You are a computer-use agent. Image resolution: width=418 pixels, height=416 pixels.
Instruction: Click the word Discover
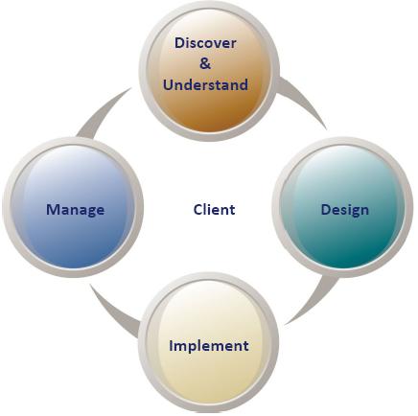(x=205, y=43)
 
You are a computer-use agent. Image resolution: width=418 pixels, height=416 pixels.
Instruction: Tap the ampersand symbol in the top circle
(x=205, y=63)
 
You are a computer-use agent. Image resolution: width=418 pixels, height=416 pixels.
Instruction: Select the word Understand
(x=205, y=85)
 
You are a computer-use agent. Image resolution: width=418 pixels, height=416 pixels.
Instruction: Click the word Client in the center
(x=214, y=210)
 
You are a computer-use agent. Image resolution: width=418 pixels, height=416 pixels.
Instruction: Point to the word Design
(x=345, y=210)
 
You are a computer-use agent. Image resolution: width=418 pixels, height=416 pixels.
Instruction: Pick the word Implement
(x=209, y=346)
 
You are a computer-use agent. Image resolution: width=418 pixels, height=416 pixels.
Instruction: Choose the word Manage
(x=76, y=210)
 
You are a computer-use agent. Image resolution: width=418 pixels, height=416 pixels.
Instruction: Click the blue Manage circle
(x=73, y=207)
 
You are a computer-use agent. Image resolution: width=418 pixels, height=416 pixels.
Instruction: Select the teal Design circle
(x=343, y=207)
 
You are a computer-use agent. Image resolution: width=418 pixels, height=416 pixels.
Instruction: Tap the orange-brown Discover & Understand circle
(x=209, y=71)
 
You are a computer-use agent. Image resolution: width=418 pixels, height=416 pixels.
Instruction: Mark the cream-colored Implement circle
(x=209, y=342)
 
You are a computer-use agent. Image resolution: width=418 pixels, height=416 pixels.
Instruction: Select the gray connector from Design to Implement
(x=314, y=299)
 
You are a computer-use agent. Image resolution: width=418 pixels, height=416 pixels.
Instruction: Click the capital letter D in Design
(x=326, y=210)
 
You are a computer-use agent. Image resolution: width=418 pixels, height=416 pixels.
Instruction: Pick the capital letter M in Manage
(x=53, y=210)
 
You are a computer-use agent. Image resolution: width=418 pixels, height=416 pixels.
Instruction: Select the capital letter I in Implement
(x=171, y=346)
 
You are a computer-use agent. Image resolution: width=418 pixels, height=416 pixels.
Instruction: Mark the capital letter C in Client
(x=198, y=210)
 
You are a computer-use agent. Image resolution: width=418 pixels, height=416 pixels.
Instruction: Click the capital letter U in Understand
(x=169, y=85)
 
